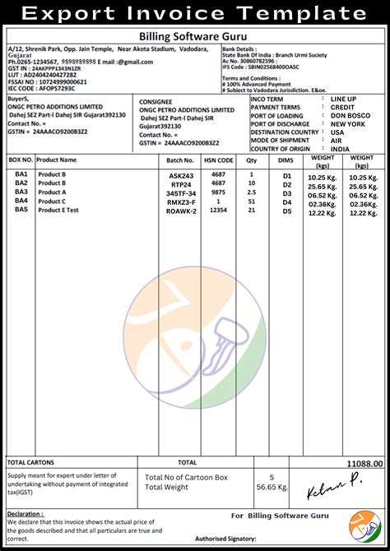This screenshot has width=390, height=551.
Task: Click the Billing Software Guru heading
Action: [195, 37]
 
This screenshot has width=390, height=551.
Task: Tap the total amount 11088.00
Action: [364, 465]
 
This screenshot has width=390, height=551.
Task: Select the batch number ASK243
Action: [181, 176]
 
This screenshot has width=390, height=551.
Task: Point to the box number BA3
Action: [21, 192]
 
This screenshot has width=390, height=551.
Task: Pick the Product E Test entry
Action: [58, 210]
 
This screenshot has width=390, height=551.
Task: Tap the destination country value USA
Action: [337, 132]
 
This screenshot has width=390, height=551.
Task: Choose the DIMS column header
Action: [286, 160]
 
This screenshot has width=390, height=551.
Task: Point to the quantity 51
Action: [252, 201]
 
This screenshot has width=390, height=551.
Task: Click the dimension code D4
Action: [287, 202]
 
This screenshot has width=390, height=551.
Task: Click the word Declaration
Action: [25, 513]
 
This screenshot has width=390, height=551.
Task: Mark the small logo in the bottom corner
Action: [364, 526]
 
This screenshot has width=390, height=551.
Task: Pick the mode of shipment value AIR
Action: [337, 140]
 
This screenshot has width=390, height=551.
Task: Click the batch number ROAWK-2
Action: [182, 211]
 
